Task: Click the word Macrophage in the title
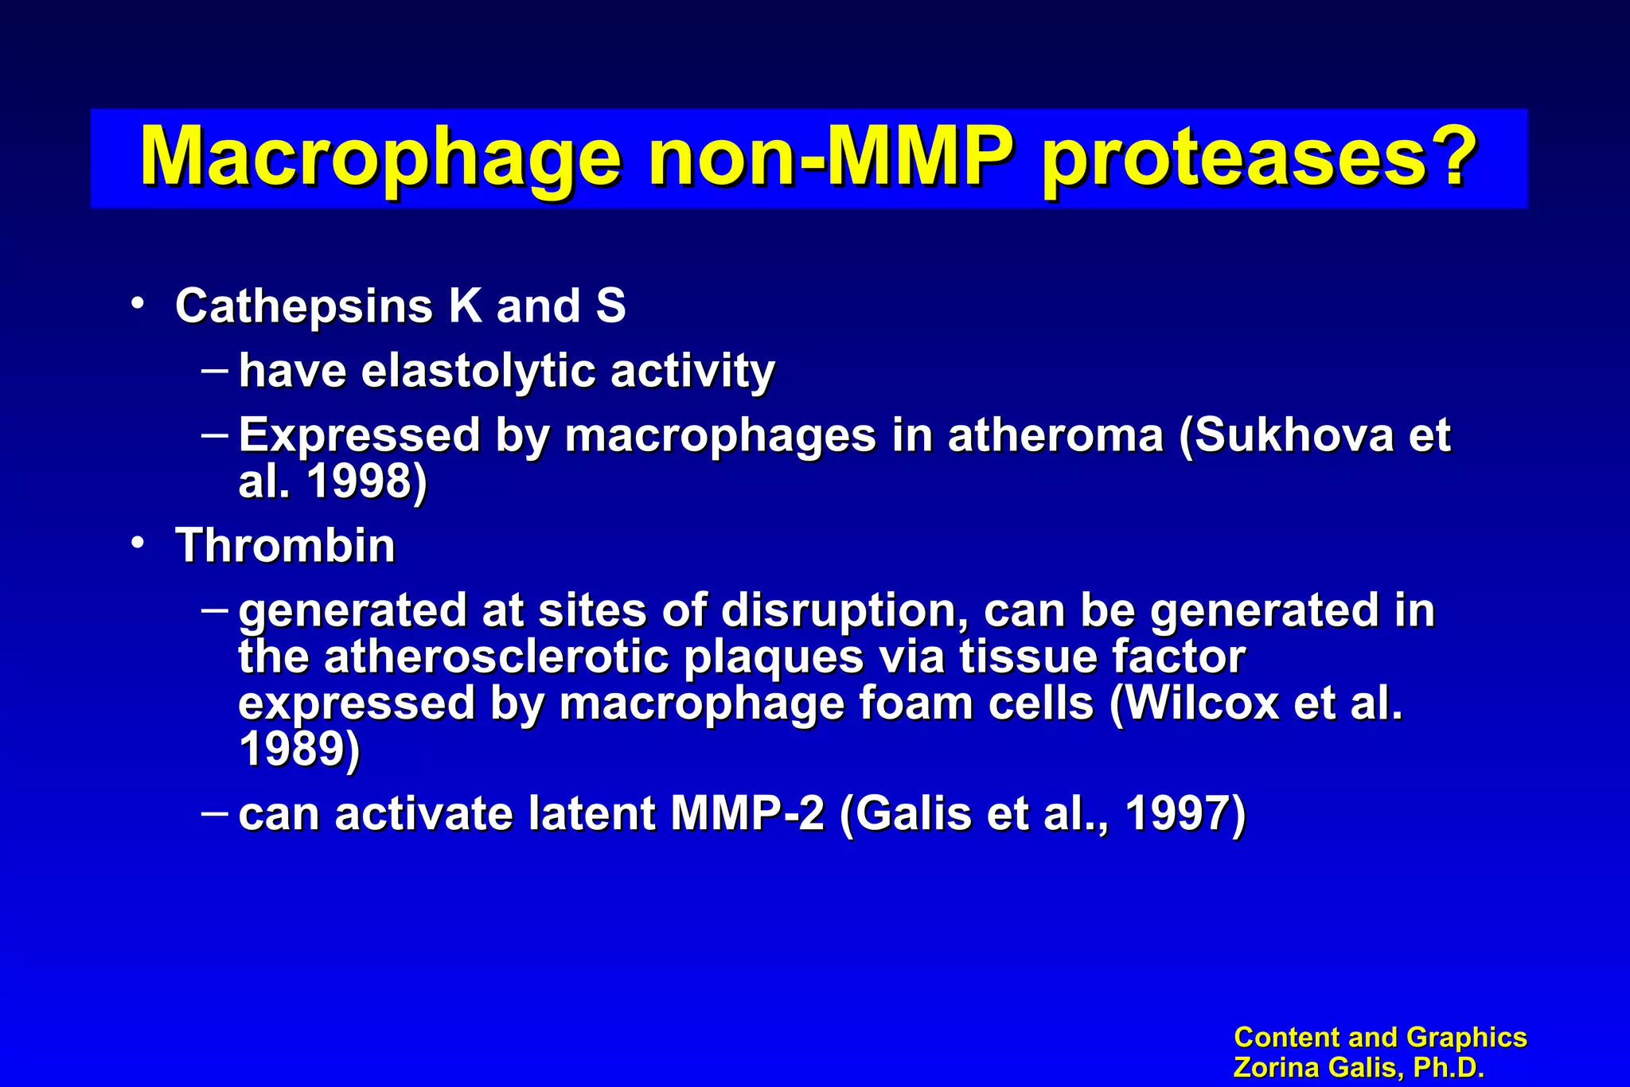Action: click(x=380, y=157)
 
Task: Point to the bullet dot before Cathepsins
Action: click(x=138, y=303)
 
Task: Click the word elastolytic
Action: click(x=478, y=371)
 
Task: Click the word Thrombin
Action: click(x=286, y=546)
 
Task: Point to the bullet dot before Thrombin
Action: click(x=138, y=543)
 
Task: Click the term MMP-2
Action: click(x=747, y=814)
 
